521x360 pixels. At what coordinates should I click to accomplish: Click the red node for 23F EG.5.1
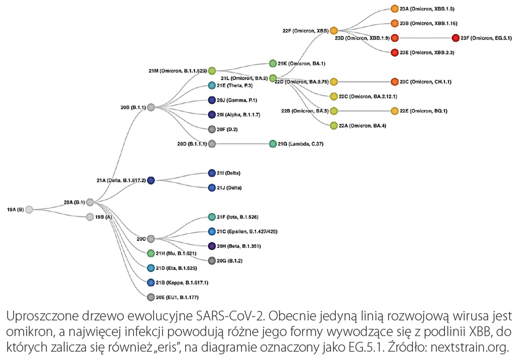point(456,38)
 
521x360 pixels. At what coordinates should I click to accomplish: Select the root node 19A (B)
point(30,209)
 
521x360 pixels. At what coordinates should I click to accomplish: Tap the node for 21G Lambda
point(273,144)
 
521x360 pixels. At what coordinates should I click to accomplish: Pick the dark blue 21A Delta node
point(151,181)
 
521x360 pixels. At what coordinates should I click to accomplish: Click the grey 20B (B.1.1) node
point(151,107)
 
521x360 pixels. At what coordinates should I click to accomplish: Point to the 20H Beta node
point(212,245)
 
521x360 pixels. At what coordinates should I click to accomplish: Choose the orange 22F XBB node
point(334,30)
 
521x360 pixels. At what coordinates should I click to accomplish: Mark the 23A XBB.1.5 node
point(395,9)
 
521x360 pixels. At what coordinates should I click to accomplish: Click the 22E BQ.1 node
point(395,111)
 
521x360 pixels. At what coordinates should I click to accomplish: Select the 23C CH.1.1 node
point(395,82)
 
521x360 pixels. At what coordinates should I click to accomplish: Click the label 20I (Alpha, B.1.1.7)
point(239,115)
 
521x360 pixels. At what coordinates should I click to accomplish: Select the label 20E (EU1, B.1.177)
point(181,297)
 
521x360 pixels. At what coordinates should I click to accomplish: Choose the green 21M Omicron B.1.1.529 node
point(212,71)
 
